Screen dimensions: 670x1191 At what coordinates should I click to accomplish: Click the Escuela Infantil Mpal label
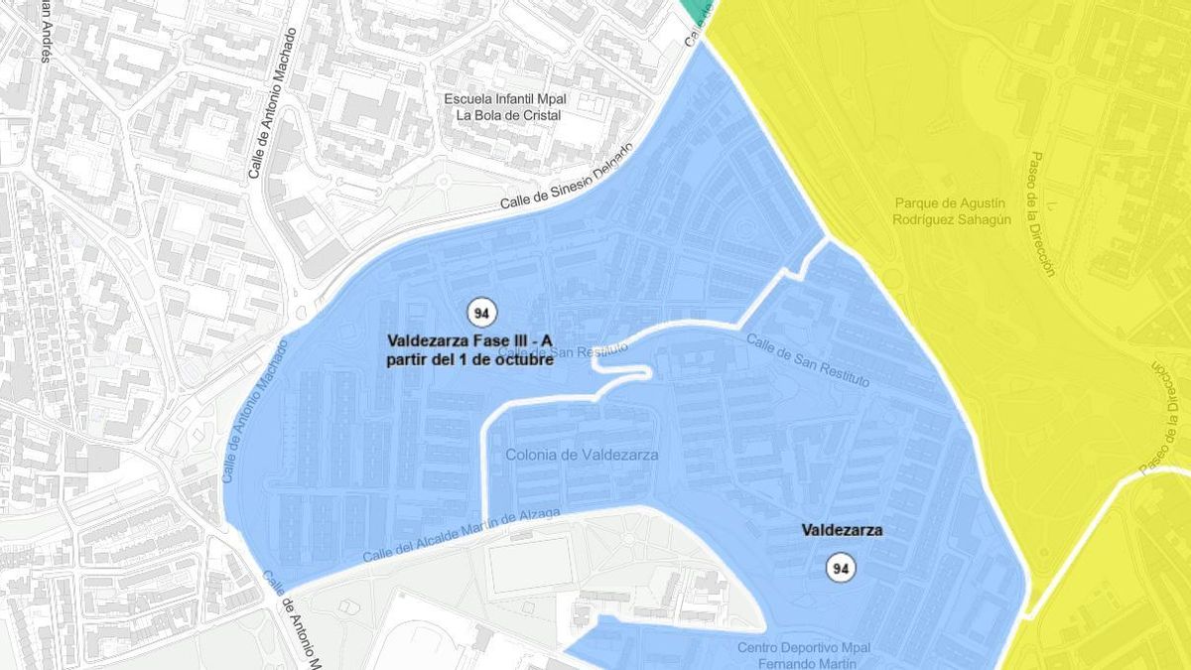coord(509,99)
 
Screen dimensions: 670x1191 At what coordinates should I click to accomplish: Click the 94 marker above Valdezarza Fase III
coord(482,312)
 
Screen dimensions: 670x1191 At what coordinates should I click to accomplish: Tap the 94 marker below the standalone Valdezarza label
coord(842,568)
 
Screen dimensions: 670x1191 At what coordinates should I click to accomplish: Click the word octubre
coord(521,359)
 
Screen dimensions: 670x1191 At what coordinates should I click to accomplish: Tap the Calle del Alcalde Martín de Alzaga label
coord(462,533)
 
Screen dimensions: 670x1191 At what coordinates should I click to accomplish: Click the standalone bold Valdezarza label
coord(842,531)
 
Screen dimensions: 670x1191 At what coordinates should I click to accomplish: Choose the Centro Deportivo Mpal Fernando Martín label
coord(804,655)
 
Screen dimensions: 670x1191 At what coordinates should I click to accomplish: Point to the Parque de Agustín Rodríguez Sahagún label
coord(952,210)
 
